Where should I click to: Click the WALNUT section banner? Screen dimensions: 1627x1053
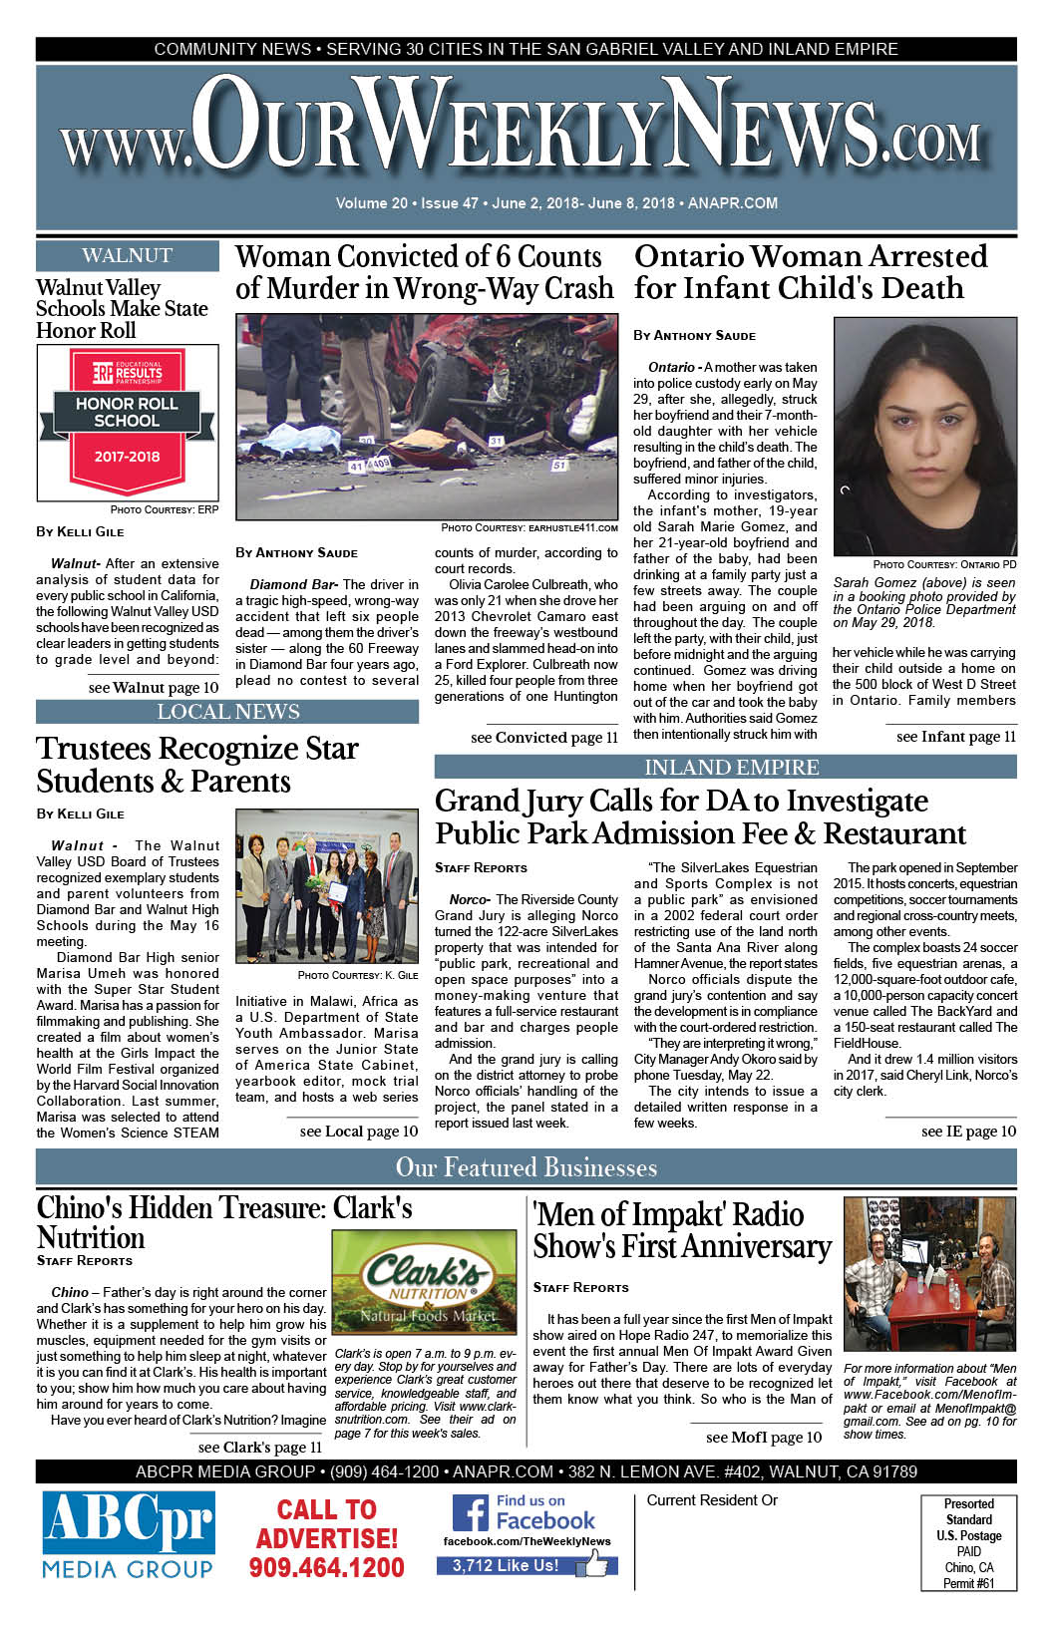click(x=127, y=256)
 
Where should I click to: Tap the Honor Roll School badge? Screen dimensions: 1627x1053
click(x=127, y=423)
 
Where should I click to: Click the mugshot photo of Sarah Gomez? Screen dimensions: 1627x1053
click(x=924, y=438)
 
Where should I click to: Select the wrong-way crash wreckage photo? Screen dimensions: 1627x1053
click(x=427, y=417)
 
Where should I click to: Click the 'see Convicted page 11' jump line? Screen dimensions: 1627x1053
click(x=543, y=738)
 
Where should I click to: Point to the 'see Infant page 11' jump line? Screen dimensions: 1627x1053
click(x=955, y=737)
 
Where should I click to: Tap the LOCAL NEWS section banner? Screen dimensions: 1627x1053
click(x=227, y=712)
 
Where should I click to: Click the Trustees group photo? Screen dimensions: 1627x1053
click(x=327, y=885)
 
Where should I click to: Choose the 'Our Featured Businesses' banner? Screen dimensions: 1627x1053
click(x=526, y=1167)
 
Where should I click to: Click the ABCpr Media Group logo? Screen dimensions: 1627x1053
click(x=128, y=1535)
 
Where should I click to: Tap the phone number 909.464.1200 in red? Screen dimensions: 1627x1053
click(x=326, y=1568)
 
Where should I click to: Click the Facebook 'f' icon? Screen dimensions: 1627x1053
click(x=470, y=1513)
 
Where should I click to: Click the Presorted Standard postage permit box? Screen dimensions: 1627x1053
click(x=968, y=1542)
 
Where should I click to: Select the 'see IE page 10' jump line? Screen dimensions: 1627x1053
click(x=968, y=1132)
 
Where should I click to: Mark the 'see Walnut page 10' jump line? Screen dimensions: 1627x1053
click(x=153, y=688)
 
